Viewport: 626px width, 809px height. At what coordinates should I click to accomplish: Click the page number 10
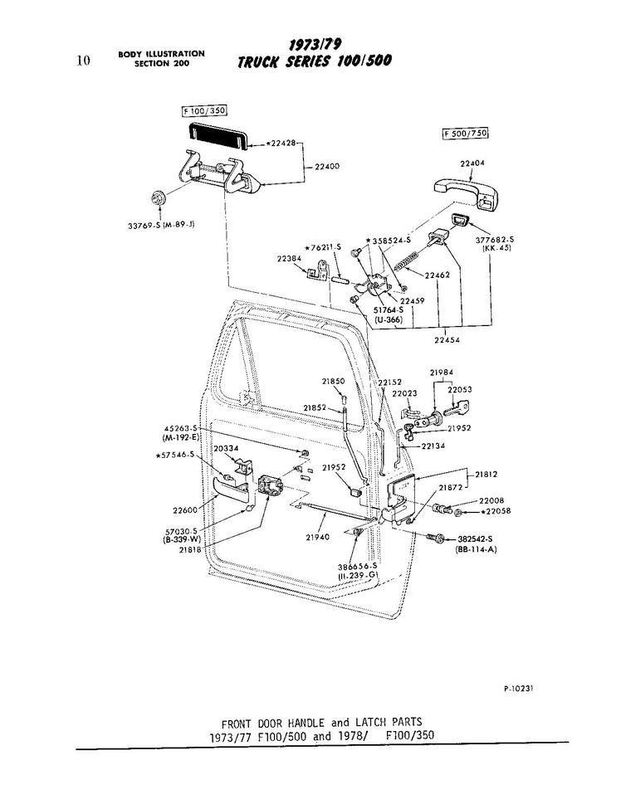click(x=82, y=59)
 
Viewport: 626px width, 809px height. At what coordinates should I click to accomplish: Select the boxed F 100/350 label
click(x=204, y=110)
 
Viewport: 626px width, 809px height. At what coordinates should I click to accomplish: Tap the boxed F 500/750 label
click(x=464, y=134)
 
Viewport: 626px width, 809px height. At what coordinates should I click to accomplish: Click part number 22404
click(x=472, y=163)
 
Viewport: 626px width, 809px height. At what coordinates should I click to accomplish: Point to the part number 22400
click(x=326, y=167)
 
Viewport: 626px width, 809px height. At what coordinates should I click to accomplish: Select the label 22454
click(x=447, y=339)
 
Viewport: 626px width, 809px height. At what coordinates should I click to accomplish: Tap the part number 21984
click(x=441, y=372)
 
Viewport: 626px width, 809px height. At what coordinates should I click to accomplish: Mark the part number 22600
click(x=185, y=510)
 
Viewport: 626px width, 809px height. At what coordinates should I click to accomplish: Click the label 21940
click(x=317, y=537)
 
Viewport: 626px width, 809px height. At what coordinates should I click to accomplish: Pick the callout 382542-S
click(x=476, y=538)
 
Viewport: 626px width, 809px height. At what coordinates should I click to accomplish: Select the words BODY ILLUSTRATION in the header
click(x=161, y=54)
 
